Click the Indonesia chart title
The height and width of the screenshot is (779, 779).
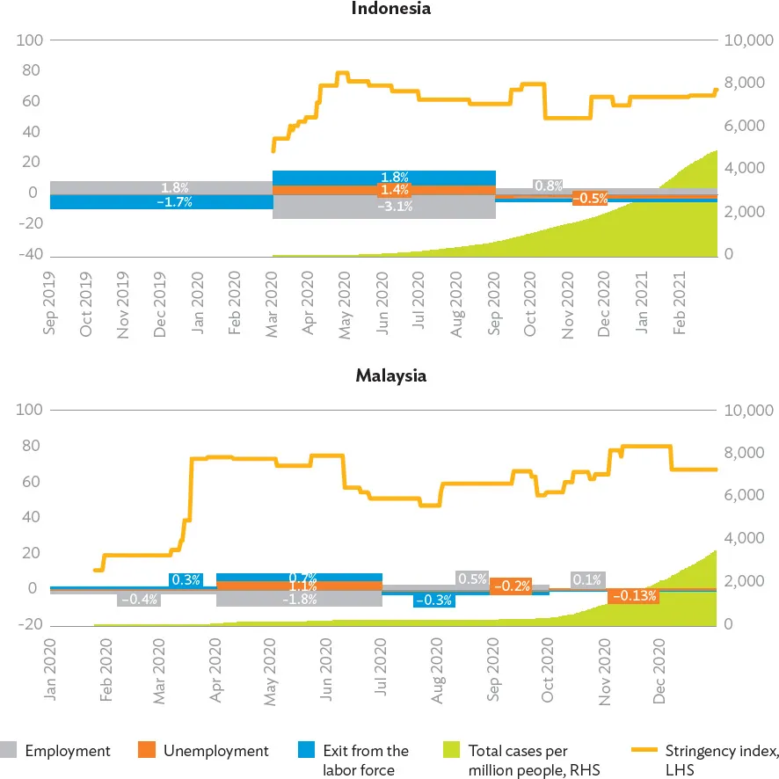coord(390,10)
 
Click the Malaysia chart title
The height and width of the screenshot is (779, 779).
coord(390,376)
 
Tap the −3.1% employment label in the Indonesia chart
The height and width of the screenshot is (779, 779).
coord(395,207)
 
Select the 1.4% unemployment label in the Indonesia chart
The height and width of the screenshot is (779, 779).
coord(395,190)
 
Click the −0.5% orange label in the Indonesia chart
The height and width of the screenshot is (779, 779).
coord(590,199)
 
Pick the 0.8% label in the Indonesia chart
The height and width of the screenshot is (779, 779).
coord(549,186)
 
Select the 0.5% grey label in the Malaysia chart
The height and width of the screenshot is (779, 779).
coord(472,579)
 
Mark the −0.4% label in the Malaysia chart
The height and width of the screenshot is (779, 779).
coord(138,600)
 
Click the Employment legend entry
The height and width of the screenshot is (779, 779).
coord(68,751)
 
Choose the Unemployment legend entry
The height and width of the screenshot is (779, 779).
coord(215,751)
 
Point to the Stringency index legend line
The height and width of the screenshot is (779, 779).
coord(644,751)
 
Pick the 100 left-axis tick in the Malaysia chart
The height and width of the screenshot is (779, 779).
coord(28,410)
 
